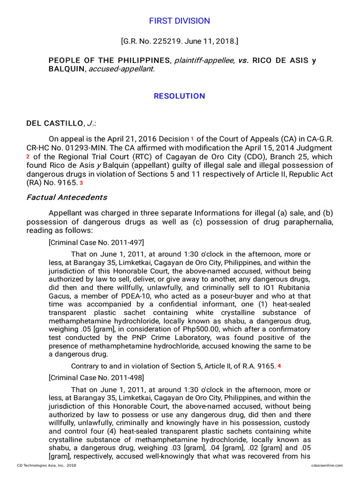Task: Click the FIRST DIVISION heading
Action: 180,21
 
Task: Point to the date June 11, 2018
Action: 211,42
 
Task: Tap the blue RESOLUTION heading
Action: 180,96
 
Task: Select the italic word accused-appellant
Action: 126,69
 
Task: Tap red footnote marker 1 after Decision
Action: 192,139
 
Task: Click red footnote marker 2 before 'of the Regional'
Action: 28,157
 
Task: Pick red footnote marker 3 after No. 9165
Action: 81,183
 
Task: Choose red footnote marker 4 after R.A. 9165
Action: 279,366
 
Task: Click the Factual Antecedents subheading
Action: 67,197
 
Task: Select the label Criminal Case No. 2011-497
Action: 96,242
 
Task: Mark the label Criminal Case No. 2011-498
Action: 96,377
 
